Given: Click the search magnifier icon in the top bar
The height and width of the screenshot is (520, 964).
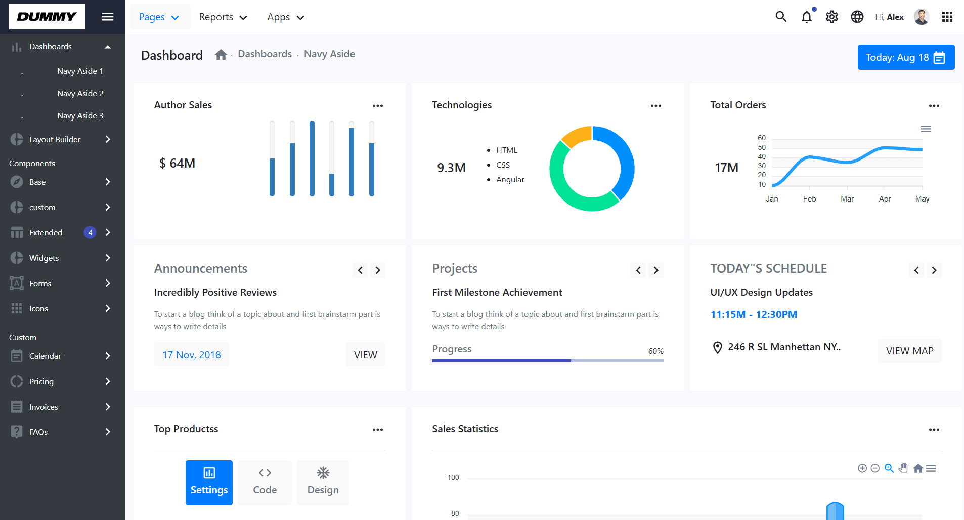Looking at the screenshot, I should (781, 17).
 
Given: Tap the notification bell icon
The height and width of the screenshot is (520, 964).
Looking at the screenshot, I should (807, 17).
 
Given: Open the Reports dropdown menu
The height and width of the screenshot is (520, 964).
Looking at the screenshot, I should (223, 17).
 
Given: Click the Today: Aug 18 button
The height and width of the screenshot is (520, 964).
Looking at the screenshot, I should (905, 57).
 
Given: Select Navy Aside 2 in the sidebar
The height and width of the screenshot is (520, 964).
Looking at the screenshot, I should (80, 94).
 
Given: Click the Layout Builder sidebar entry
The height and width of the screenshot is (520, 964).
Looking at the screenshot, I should (55, 140).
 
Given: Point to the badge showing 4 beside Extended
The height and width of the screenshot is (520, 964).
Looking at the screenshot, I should (90, 233).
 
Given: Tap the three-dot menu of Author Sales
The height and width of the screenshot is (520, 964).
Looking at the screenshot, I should (378, 106).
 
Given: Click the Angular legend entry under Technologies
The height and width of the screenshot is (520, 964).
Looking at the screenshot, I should (510, 180).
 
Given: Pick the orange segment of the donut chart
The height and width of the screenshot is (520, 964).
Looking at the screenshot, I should (576, 136).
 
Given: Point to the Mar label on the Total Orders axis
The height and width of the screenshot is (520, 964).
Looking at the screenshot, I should (847, 199).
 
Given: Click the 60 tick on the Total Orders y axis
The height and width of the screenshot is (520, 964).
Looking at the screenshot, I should (762, 138).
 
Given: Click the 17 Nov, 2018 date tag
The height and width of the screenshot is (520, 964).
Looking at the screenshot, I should (191, 355).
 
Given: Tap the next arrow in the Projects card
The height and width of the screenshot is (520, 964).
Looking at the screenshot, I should (656, 270).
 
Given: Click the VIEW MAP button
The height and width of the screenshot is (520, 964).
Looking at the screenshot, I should (909, 351).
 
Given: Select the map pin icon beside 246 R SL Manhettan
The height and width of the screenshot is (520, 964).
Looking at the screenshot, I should (717, 348).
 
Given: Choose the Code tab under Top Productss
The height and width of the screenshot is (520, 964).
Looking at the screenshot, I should (265, 483).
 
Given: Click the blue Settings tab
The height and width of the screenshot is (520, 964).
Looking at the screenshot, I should (209, 483).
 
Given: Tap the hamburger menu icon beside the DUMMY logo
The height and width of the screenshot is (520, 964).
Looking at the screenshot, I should (107, 17).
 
